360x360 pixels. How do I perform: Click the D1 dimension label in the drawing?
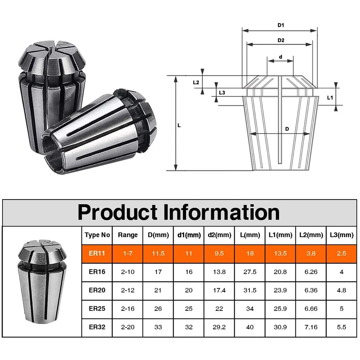click(x=280, y=25)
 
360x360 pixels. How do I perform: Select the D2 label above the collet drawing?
click(x=281, y=40)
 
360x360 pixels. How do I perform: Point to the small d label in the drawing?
click(x=280, y=57)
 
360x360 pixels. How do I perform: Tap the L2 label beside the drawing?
click(x=196, y=82)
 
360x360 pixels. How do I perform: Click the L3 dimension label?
click(x=222, y=93)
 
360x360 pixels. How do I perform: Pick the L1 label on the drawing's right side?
click(x=330, y=97)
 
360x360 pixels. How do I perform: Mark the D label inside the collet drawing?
click(x=287, y=129)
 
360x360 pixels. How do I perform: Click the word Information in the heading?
click(x=221, y=212)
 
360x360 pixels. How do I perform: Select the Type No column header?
click(x=97, y=235)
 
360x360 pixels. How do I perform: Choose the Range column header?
click(x=127, y=235)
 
